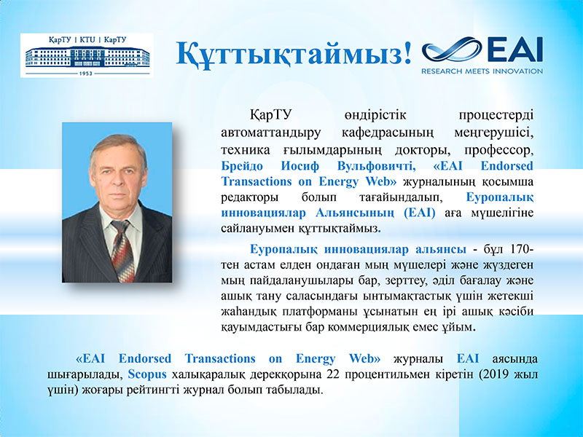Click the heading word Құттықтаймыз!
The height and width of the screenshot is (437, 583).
294,54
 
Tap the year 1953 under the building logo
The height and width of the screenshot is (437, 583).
86,74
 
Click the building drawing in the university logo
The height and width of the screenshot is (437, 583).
87,57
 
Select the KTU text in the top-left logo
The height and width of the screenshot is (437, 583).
87,40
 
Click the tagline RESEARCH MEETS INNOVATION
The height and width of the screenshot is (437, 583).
482,71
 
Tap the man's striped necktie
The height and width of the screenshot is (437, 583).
123,250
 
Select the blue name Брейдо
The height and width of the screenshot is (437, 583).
242,166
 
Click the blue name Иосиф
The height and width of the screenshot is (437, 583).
300,166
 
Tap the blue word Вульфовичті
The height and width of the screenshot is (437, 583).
376,166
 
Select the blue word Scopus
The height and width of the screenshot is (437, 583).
147,374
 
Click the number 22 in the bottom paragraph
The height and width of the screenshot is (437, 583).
333,374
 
